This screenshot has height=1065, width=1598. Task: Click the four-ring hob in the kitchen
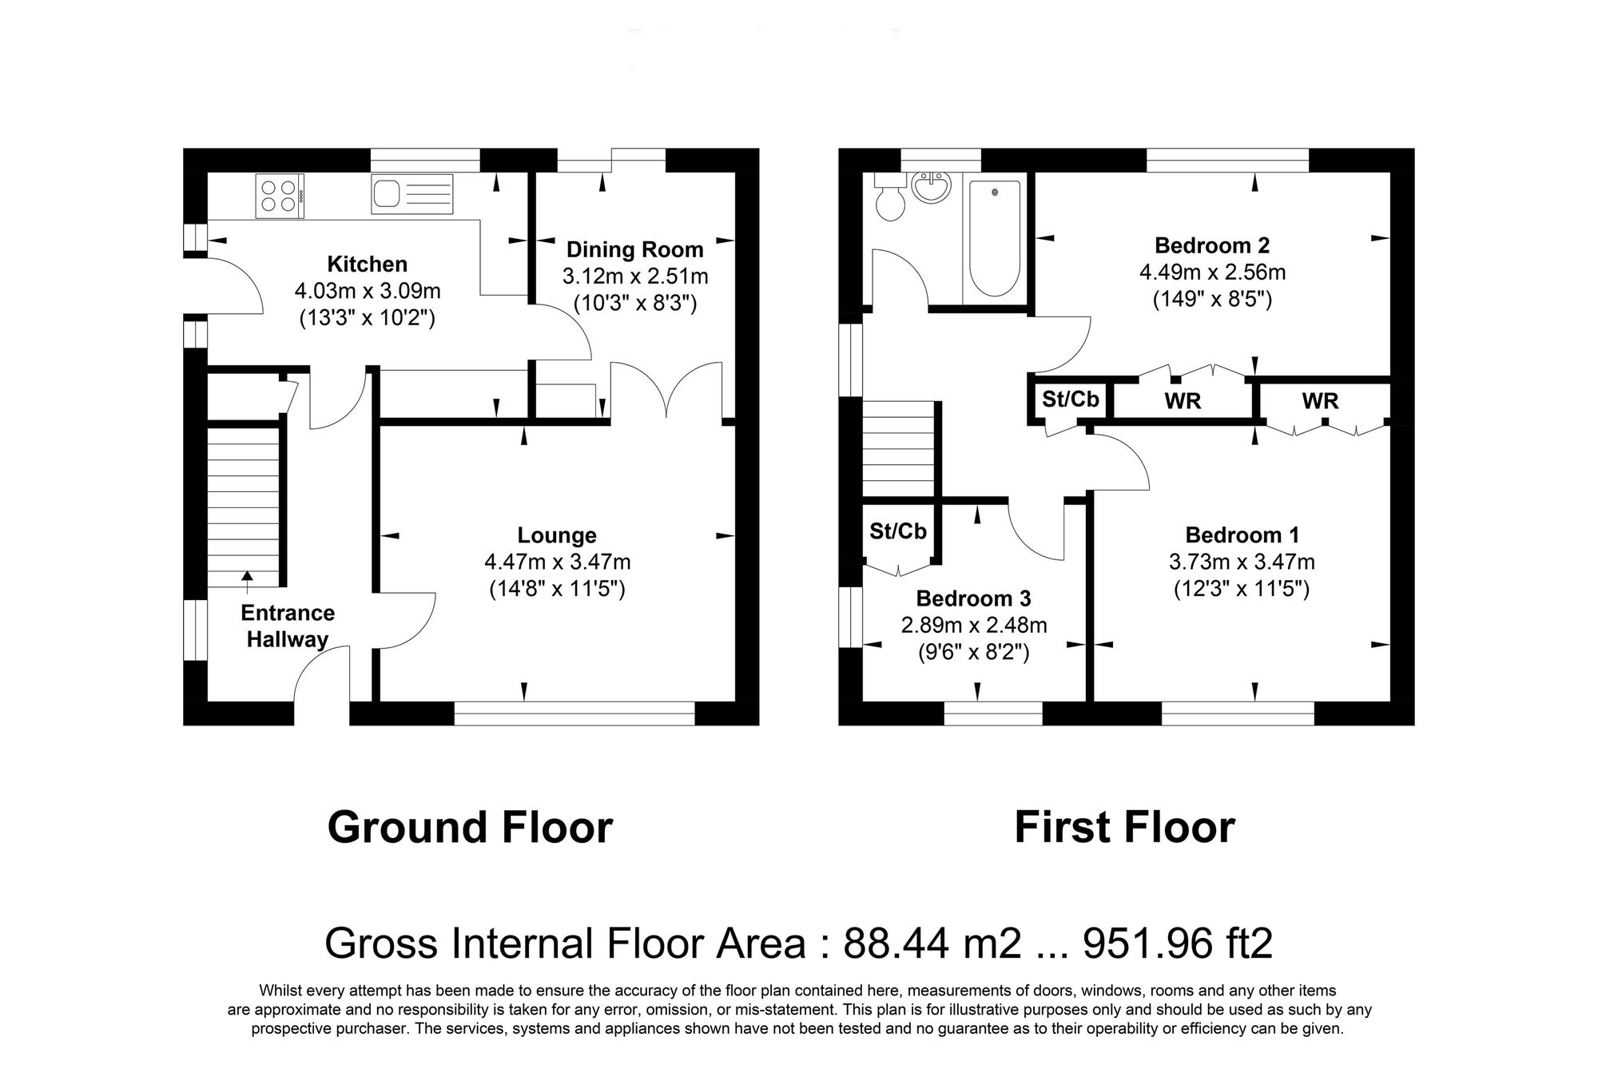pos(279,196)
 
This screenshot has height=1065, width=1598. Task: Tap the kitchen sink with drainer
pos(411,194)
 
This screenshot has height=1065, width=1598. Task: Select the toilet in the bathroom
pos(888,201)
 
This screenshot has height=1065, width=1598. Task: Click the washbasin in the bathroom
pos(932,189)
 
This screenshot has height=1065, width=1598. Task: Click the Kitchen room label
pos(367,264)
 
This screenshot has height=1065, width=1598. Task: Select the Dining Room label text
pos(634,249)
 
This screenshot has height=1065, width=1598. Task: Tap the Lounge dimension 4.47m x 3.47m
pos(557,562)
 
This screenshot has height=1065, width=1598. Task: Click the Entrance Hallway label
pos(288,626)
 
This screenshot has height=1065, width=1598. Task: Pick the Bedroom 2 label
pos(1211,245)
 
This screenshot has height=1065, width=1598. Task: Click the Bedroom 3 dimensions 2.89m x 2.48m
pos(973,626)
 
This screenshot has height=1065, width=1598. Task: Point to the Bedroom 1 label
pos(1242,534)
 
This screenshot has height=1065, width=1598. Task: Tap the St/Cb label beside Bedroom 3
pos(897,531)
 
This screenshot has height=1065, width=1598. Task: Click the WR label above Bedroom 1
pos(1320,400)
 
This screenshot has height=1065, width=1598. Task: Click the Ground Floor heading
pos(470,828)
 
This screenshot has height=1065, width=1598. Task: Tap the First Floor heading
pos(1124,828)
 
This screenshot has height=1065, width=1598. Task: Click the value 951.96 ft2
pos(1177,944)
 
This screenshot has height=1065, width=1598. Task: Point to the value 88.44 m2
pos(932,944)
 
